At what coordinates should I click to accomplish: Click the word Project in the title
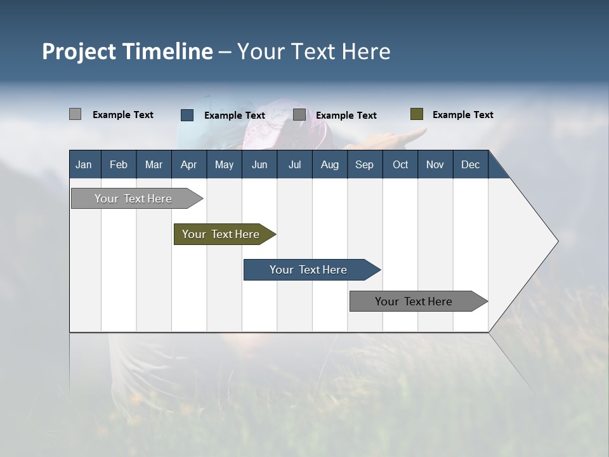[79, 51]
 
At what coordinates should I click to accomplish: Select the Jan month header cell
[84, 164]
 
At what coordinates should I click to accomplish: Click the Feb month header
[119, 164]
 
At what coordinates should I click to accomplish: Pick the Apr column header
[188, 164]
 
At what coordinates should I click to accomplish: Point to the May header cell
[224, 164]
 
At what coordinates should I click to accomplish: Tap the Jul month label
[294, 164]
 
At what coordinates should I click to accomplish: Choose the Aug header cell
[329, 164]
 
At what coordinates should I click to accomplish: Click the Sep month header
[364, 164]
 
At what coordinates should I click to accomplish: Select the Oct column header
[400, 164]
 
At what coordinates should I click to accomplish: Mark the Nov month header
[435, 164]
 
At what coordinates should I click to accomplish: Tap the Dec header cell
[470, 164]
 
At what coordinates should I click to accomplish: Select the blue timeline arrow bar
[311, 270]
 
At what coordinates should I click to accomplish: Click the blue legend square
[187, 115]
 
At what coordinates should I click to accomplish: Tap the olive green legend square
[416, 114]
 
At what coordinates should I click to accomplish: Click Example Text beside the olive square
[462, 115]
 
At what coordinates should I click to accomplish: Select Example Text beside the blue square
[234, 116]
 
